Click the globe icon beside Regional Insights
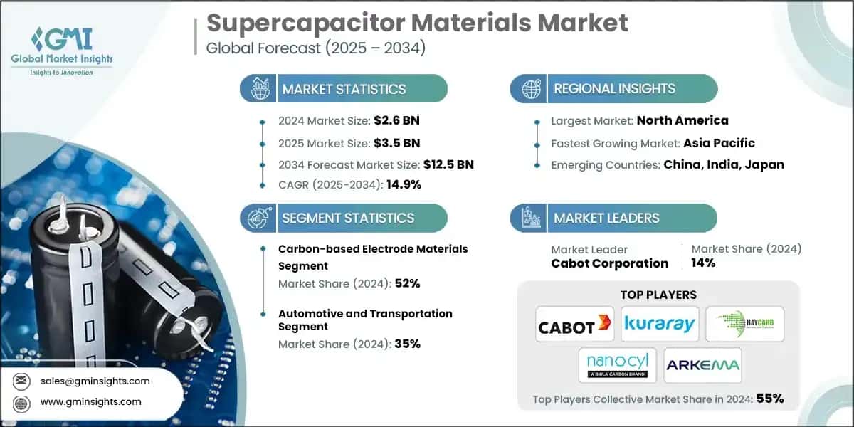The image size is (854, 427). [x=530, y=89]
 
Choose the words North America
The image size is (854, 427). [x=682, y=120]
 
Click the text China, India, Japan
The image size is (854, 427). [x=724, y=164]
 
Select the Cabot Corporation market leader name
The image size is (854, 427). [x=610, y=263]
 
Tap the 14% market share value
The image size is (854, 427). [x=703, y=263]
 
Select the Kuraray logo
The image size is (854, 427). [x=659, y=325]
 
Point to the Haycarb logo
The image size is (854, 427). [x=744, y=325]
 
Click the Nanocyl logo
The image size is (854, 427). [x=616, y=365]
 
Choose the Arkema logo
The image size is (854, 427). [x=702, y=365]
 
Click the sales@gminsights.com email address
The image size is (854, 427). [x=95, y=381]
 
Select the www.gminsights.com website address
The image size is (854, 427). [x=91, y=401]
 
